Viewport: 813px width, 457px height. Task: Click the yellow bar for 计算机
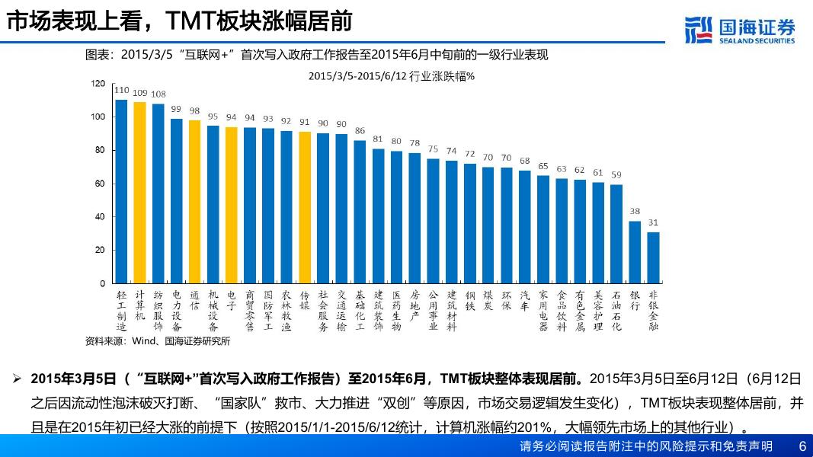[139, 193]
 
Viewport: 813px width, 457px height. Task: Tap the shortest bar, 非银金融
[653, 257]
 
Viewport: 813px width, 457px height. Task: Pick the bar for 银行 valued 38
[635, 252]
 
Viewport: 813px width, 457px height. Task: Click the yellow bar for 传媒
[305, 207]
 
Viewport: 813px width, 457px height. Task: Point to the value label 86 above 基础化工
[360, 130]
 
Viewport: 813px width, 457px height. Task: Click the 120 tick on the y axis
[98, 83]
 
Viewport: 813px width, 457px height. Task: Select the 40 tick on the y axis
[100, 216]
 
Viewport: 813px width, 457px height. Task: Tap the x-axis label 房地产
[415, 305]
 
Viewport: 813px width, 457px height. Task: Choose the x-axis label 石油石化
[616, 310]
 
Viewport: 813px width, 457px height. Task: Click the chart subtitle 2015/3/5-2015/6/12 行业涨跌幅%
[392, 75]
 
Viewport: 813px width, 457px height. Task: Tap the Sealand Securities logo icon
[699, 30]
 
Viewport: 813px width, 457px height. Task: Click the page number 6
[802, 446]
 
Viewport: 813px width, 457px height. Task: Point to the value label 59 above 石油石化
[616, 175]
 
